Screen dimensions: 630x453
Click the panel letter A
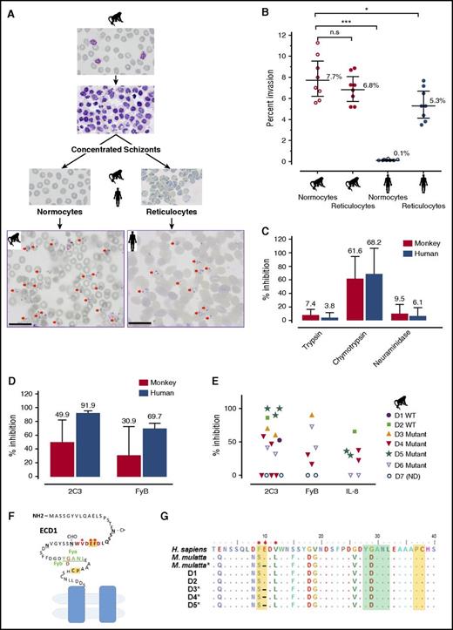click(x=6, y=6)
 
